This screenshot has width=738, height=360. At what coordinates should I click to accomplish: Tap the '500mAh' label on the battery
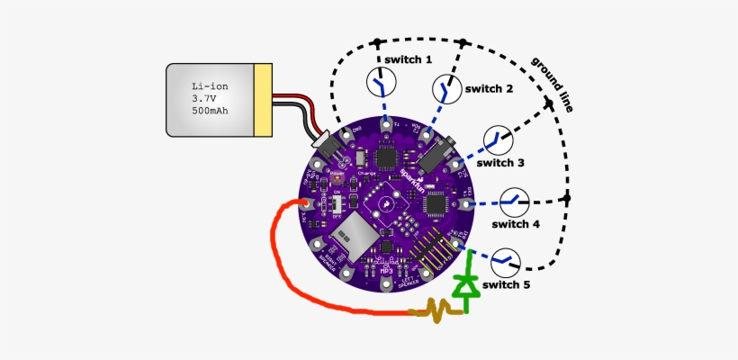click(211, 111)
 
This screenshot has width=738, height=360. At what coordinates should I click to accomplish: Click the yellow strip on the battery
click(263, 101)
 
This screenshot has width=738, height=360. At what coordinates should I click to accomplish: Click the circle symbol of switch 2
click(445, 89)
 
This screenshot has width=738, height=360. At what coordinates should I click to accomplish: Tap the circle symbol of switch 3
click(497, 139)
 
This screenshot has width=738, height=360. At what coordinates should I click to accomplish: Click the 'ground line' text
click(553, 85)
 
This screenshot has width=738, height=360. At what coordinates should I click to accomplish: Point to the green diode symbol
click(465, 284)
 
